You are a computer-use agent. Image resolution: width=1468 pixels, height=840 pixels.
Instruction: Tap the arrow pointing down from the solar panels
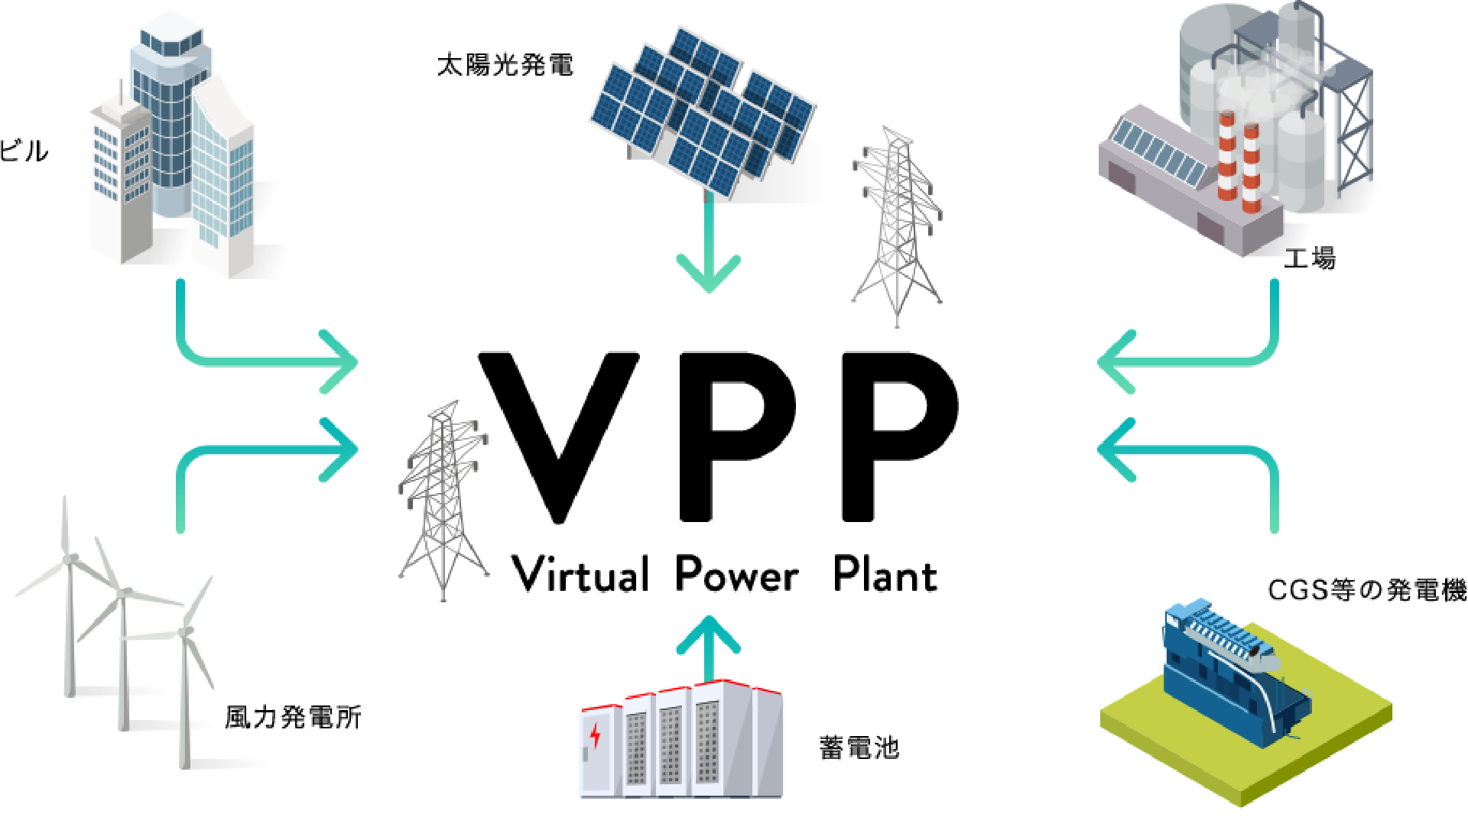point(708,252)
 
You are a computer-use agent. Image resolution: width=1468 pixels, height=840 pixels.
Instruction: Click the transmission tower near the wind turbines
point(443,497)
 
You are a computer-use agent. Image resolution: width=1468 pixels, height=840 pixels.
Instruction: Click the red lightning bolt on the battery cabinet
point(596,735)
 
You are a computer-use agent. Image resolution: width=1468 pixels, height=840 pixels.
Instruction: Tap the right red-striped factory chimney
point(1251,168)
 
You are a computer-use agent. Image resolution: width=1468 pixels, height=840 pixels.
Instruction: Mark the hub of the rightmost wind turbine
point(186,631)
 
